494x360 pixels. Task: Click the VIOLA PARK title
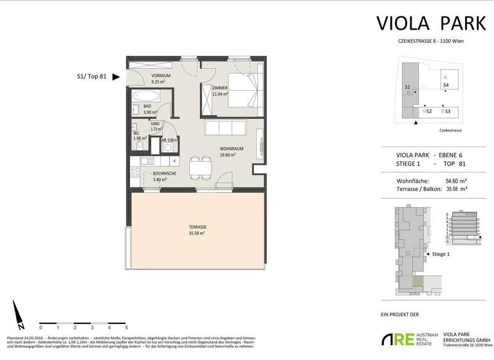(431, 23)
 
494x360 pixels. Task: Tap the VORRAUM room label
(143, 76)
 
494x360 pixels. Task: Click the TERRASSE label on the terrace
(197, 227)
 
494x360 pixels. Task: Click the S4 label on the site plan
(446, 84)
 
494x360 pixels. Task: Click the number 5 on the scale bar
(127, 327)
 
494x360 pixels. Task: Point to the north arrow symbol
(21, 313)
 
